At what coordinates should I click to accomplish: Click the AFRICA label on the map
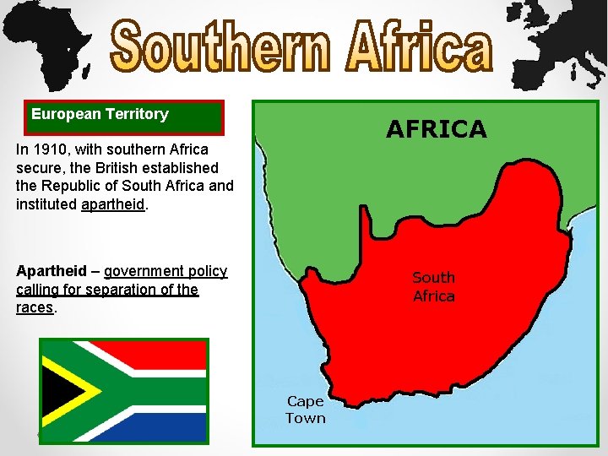436,129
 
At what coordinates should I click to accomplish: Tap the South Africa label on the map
433,286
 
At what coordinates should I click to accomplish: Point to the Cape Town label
305,410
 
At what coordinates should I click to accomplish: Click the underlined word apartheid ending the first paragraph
112,204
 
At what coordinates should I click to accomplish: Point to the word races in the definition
34,307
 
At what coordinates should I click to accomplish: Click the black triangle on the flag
58,390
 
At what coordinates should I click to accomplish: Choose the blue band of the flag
152,426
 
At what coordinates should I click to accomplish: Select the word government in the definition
166,271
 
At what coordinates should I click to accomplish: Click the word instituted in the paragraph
46,204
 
